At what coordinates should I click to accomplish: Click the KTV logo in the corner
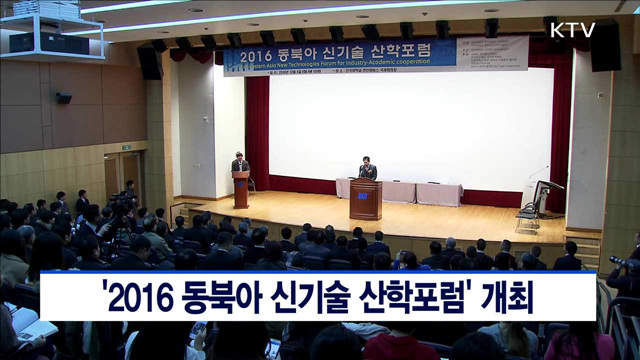pyautogui.click(x=572, y=29)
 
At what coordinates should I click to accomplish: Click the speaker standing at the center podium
pyautogui.click(x=367, y=170)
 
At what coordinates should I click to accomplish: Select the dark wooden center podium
pyautogui.click(x=365, y=199)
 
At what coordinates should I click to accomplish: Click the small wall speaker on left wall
pyautogui.click(x=63, y=98)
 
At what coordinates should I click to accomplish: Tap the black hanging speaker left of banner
pyautogui.click(x=149, y=62)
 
